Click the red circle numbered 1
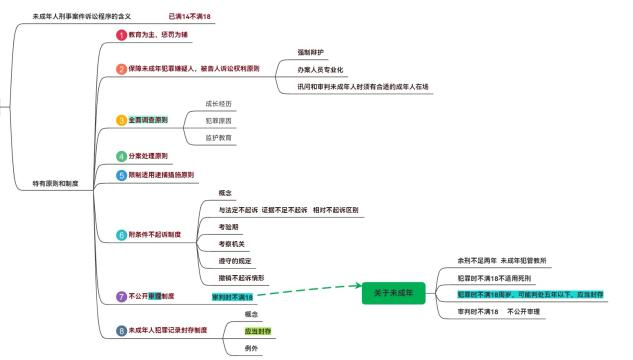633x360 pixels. coord(122,35)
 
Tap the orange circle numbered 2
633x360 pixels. coord(122,69)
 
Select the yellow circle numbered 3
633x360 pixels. coord(122,120)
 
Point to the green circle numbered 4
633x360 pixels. coord(122,157)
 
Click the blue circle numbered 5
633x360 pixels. coord(122,175)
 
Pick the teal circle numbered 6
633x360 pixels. coord(122,235)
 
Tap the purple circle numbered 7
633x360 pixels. coord(122,296)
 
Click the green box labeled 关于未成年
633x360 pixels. coord(394,292)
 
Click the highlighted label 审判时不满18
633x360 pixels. coord(232,297)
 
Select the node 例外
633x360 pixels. coord(224,348)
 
